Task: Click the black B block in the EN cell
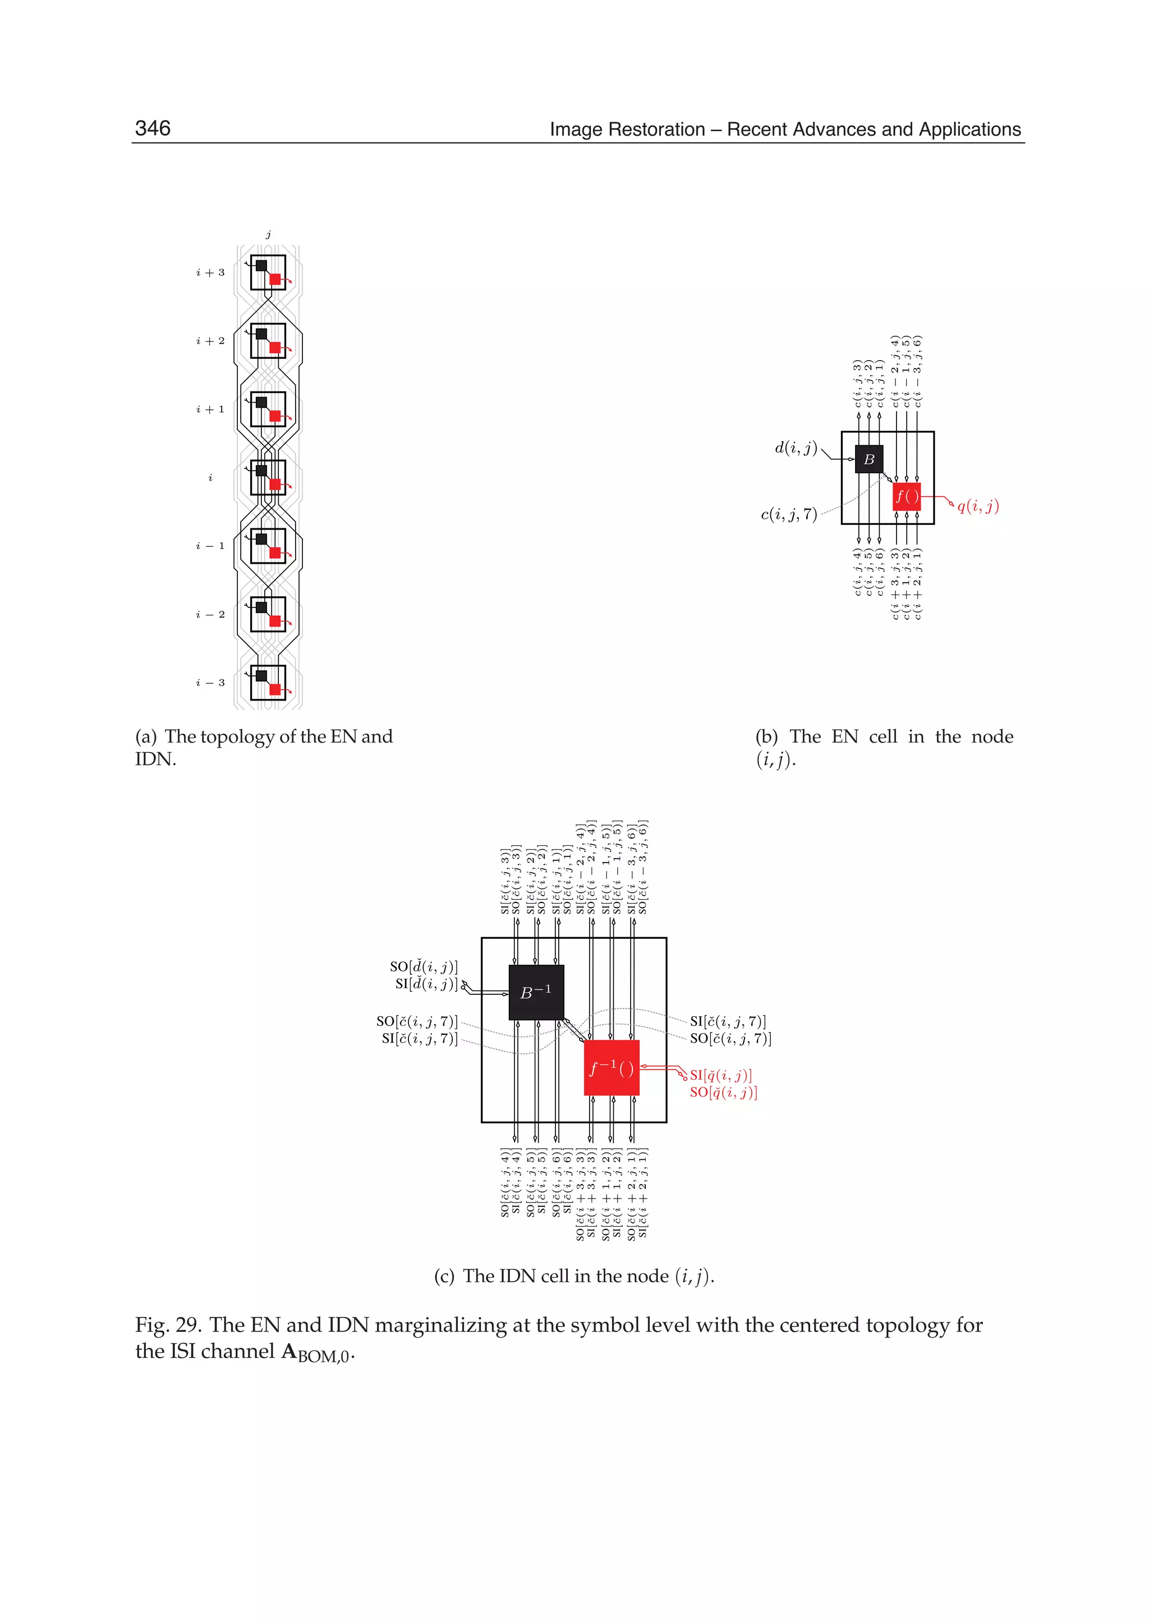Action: pos(869,459)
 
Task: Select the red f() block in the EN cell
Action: pos(906,496)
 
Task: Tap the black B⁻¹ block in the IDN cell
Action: pos(536,993)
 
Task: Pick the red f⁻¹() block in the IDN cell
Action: pos(612,1067)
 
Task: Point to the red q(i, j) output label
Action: pos(978,506)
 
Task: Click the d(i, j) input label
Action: pos(796,448)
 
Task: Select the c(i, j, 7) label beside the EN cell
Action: pos(789,514)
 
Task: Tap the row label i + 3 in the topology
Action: pos(210,273)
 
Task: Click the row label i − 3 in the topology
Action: pos(210,683)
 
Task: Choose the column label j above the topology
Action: pos(268,234)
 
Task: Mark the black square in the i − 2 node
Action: pos(261,607)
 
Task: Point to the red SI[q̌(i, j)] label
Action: pos(721,1075)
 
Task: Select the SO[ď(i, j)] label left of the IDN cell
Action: pos(424,966)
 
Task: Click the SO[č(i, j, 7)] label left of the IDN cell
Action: pos(417,1021)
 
